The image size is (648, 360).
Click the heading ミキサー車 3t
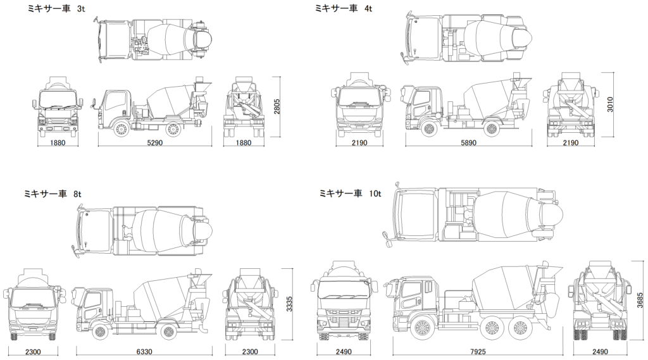(x=53, y=8)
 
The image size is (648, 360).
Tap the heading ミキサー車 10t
(x=351, y=193)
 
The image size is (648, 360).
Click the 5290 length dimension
(x=155, y=143)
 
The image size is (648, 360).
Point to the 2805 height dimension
(x=277, y=106)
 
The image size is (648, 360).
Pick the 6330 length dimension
(x=144, y=351)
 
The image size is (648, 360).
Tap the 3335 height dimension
(x=290, y=304)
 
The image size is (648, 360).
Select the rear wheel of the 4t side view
(x=490, y=128)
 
